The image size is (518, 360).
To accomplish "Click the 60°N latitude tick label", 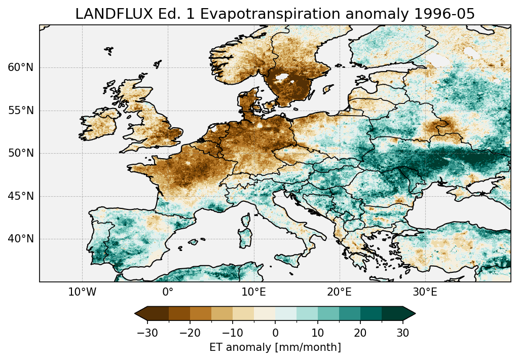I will [21, 68].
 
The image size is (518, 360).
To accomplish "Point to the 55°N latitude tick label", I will [21, 111].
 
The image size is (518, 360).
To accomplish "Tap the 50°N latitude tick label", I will [21, 153].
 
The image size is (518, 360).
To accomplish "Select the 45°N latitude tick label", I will [21, 196].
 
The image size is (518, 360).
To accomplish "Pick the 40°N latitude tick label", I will [21, 239].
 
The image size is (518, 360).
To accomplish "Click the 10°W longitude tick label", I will [82, 292].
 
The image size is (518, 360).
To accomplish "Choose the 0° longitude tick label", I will [168, 292].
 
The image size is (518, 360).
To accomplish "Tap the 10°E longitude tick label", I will [253, 292].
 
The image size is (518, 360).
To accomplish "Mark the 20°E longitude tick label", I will [339, 292].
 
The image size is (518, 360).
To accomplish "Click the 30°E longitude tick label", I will [425, 292].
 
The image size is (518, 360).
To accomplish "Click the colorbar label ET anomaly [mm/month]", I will [275, 347].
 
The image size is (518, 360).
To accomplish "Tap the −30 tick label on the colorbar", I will [147, 333].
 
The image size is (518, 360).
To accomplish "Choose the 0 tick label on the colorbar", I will [275, 333].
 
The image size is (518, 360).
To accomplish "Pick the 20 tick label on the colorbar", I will [360, 333].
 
